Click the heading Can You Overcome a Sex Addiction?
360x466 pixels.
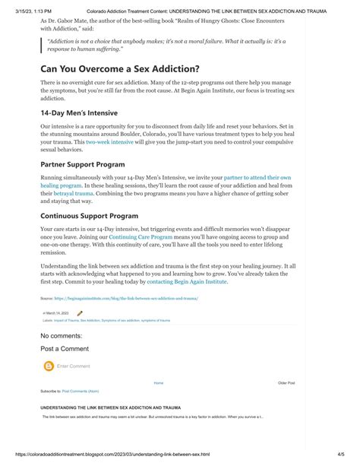tap(120, 68)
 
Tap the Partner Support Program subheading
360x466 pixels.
tap(83, 163)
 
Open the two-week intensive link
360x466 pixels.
tap(109, 142)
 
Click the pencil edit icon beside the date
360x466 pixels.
tap(81, 313)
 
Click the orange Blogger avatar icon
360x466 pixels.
tap(49, 366)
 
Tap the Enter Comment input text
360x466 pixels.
tap(74, 366)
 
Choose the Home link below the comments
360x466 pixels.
tap(158, 383)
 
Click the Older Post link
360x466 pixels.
tap(286, 383)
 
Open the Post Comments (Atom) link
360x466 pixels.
tap(81, 391)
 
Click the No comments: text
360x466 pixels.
tap(61, 335)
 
